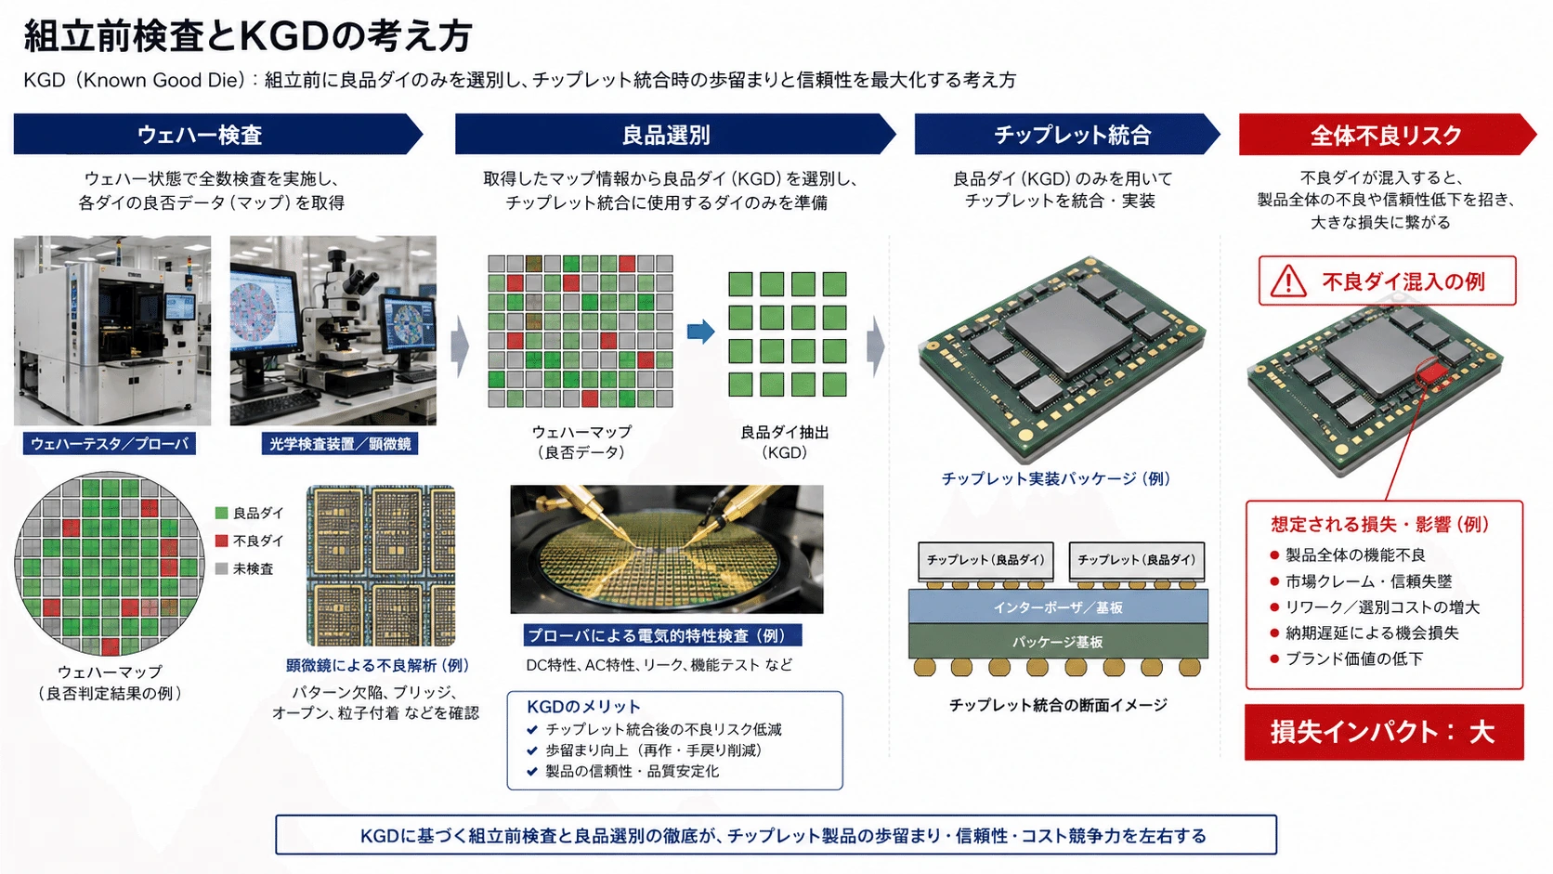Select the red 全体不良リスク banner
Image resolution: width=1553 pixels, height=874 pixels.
pos(1388,134)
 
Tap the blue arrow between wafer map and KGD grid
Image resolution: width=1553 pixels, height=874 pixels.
pos(701,332)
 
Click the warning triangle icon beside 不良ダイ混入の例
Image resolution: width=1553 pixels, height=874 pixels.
pos(1288,281)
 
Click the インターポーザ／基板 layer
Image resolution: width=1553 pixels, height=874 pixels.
pos(1058,607)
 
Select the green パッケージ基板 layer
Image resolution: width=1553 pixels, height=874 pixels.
pos(1058,641)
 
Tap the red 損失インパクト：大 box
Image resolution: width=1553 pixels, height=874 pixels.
pos(1384,732)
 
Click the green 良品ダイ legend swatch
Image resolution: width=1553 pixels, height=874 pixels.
pos(222,513)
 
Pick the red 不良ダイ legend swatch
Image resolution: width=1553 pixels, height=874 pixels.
pos(222,541)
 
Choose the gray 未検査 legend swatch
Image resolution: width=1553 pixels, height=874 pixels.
pos(222,568)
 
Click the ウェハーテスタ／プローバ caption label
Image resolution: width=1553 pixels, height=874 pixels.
pos(110,444)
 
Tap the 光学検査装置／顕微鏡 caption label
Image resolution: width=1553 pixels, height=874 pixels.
pos(340,444)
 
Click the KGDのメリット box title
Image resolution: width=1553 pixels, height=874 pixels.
pos(583,706)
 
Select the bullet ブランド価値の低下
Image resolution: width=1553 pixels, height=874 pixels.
pos(1354,659)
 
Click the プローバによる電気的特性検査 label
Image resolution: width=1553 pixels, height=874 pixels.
pos(663,635)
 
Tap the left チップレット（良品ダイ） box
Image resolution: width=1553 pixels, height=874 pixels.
pos(985,560)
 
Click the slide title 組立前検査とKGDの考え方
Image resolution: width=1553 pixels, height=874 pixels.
pos(248,36)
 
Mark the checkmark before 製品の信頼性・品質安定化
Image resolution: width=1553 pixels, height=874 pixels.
pos(532,771)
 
